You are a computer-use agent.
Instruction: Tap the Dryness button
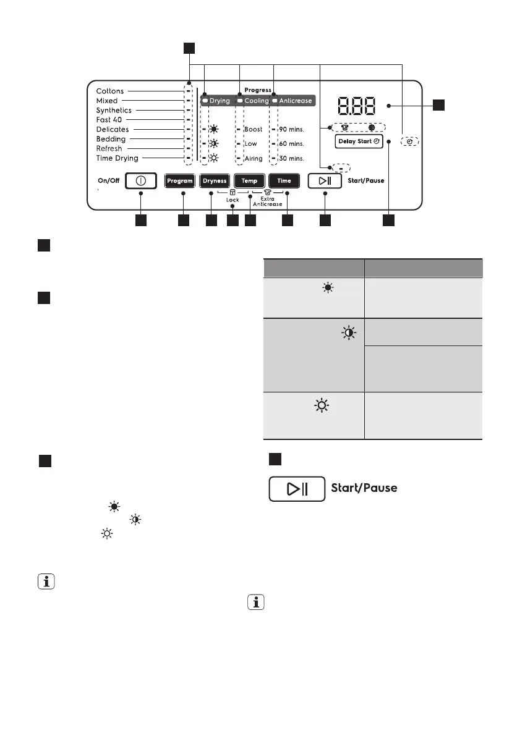click(x=215, y=181)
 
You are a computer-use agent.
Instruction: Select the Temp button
click(x=249, y=181)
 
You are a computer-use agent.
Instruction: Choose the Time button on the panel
click(x=284, y=181)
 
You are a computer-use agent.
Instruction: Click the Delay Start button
click(x=359, y=142)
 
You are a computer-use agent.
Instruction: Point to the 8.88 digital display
click(x=351, y=106)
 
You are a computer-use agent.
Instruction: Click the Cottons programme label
click(x=110, y=91)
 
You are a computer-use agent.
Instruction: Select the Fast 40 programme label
click(x=109, y=120)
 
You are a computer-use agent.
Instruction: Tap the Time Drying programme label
click(x=117, y=158)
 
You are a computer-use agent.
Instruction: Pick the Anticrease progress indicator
click(x=292, y=101)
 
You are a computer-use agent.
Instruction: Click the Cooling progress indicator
click(x=254, y=101)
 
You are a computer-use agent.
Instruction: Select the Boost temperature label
click(x=254, y=129)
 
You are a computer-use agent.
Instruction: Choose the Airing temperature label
click(x=254, y=158)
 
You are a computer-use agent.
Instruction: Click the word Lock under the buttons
click(x=233, y=200)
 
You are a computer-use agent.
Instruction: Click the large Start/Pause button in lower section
click(x=297, y=488)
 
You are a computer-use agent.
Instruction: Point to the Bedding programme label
click(x=111, y=139)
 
